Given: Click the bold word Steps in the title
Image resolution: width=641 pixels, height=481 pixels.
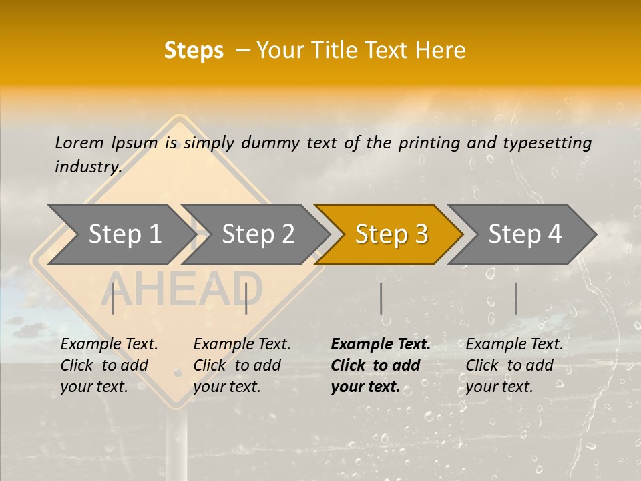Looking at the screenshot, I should tap(194, 51).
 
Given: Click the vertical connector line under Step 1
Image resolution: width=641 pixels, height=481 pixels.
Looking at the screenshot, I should tap(113, 298).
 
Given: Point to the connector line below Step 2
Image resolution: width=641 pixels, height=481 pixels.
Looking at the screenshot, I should tap(246, 298).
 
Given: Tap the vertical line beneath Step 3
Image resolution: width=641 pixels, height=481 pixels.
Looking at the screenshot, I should tap(381, 298).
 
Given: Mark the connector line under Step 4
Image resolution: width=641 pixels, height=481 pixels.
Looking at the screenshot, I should tap(515, 298).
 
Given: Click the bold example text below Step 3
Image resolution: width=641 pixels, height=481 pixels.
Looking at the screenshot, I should tap(380, 365).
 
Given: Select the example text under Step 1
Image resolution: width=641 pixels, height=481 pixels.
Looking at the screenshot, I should tap(109, 365).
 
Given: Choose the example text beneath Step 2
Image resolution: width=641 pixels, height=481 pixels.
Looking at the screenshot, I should tap(242, 365).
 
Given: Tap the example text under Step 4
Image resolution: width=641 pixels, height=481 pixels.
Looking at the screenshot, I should tap(514, 365).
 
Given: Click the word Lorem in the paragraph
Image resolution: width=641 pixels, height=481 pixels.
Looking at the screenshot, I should tap(79, 142).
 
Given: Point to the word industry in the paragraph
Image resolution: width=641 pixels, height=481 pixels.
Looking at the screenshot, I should tap(88, 167).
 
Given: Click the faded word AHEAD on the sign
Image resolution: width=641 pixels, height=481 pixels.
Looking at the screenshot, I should tap(182, 289).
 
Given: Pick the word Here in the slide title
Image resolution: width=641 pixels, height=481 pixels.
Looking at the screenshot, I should tap(440, 51).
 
